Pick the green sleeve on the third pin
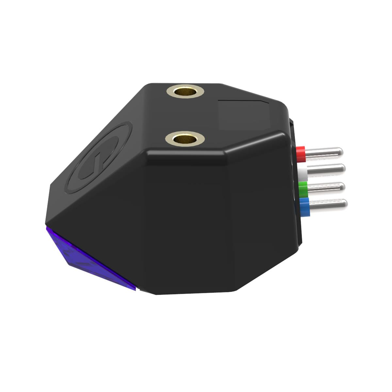tap(303, 188)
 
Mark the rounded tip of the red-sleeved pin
tap(340, 151)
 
